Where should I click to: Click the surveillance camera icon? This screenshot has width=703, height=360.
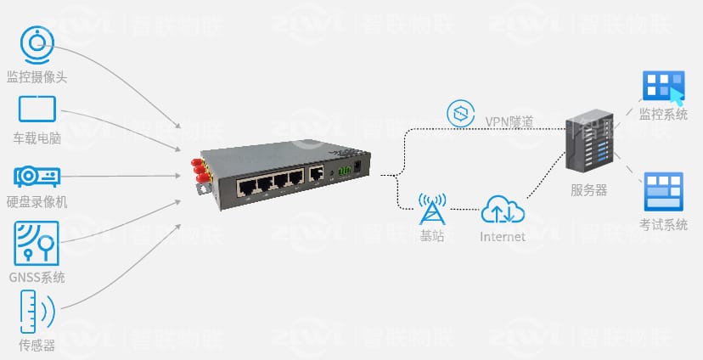[x=37, y=44]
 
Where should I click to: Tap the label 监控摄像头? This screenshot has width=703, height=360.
[x=37, y=77]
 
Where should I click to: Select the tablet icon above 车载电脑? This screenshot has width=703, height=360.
[x=37, y=110]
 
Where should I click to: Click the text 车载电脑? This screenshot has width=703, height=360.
[x=37, y=138]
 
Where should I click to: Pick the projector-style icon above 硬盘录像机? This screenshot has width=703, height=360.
[x=37, y=176]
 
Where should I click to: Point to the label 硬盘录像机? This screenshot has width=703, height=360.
[x=37, y=202]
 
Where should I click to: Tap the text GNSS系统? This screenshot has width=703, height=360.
[x=37, y=278]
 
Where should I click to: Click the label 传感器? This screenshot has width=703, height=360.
[x=37, y=346]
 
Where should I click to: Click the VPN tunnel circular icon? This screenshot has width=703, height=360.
[x=459, y=113]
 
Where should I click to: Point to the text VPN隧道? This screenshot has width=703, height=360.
[x=509, y=121]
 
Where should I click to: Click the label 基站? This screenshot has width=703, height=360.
[x=432, y=236]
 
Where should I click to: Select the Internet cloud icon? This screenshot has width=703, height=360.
[x=503, y=209]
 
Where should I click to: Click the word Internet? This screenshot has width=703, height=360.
[x=503, y=236]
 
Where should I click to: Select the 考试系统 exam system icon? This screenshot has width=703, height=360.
[x=663, y=191]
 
